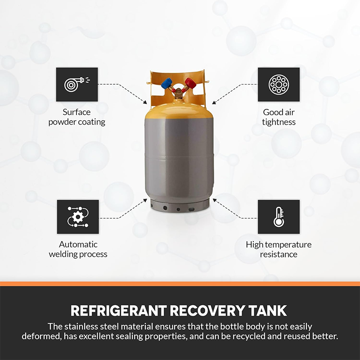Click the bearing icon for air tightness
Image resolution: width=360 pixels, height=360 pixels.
pyautogui.click(x=279, y=84)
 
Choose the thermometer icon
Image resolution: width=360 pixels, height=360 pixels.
pyautogui.click(x=279, y=216)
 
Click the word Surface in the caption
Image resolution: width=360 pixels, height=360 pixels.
pyautogui.click(x=76, y=112)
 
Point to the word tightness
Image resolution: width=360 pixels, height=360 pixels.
pyautogui.click(x=279, y=122)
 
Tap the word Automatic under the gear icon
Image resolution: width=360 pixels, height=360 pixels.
pyautogui.click(x=78, y=244)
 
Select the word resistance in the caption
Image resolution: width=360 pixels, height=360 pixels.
pyautogui.click(x=279, y=254)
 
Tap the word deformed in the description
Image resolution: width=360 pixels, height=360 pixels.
pyautogui.click(x=40, y=337)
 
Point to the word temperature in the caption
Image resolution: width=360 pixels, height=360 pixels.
pyautogui.click(x=289, y=244)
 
